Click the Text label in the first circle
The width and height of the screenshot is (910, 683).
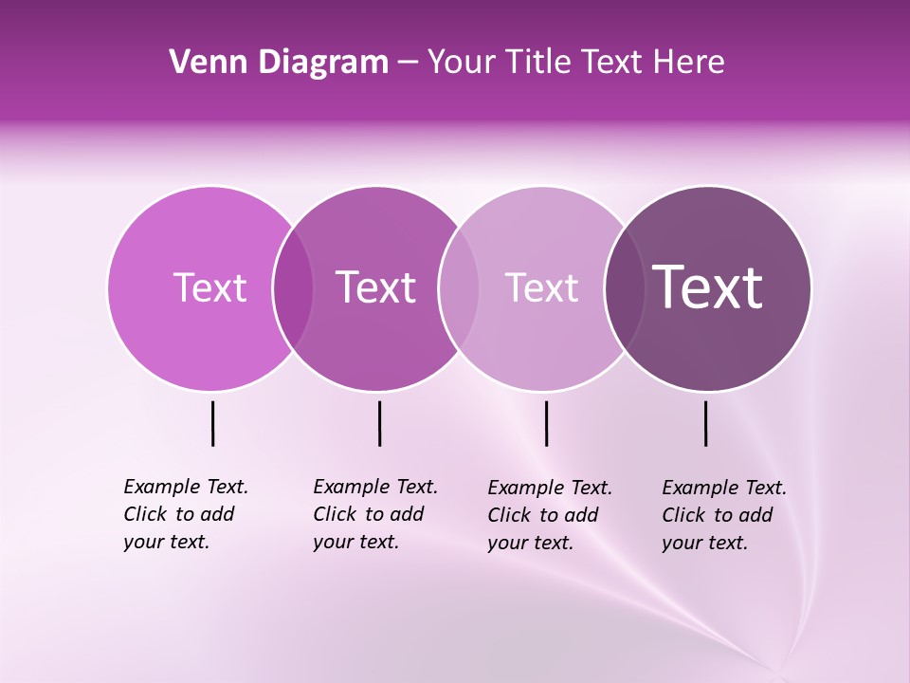click(x=209, y=287)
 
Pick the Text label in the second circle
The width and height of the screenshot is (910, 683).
click(x=375, y=287)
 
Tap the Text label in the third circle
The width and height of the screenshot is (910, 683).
click(x=541, y=287)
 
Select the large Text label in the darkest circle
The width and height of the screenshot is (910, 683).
click(x=708, y=287)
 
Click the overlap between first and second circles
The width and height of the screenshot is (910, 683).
click(x=293, y=287)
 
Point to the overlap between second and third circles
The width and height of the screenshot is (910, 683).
click(x=459, y=287)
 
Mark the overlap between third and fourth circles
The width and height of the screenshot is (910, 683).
click(x=625, y=287)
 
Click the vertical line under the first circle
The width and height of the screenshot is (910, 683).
click(x=213, y=423)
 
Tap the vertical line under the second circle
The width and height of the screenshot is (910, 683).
click(x=379, y=423)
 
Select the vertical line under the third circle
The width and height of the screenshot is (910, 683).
click(x=546, y=423)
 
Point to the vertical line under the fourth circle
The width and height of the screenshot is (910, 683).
click(x=705, y=423)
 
